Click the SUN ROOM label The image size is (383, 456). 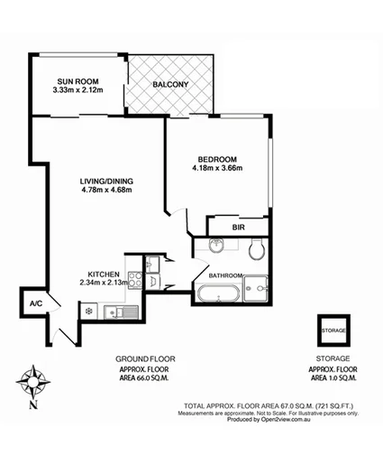click(x=78, y=79)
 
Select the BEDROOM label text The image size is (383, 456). click(x=217, y=157)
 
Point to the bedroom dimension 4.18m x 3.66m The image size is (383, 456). click(x=217, y=167)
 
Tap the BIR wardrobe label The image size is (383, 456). click(x=239, y=228)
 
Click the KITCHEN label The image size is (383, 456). click(x=105, y=274)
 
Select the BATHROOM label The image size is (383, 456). click(x=226, y=275)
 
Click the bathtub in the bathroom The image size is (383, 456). click(x=217, y=293)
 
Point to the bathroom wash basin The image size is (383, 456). click(x=216, y=247)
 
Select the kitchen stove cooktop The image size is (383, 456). click(x=133, y=279)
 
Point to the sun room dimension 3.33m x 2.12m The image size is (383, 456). click(x=78, y=89)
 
